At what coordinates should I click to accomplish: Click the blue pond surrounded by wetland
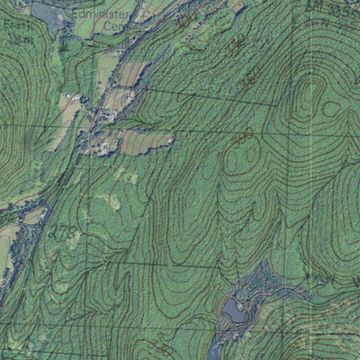tap(233, 310)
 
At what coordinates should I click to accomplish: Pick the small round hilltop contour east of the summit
tap(331, 109)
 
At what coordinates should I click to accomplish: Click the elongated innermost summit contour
tap(310, 94)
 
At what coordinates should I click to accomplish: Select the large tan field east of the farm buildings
tap(144, 141)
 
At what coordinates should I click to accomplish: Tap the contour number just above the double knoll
tap(243, 137)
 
